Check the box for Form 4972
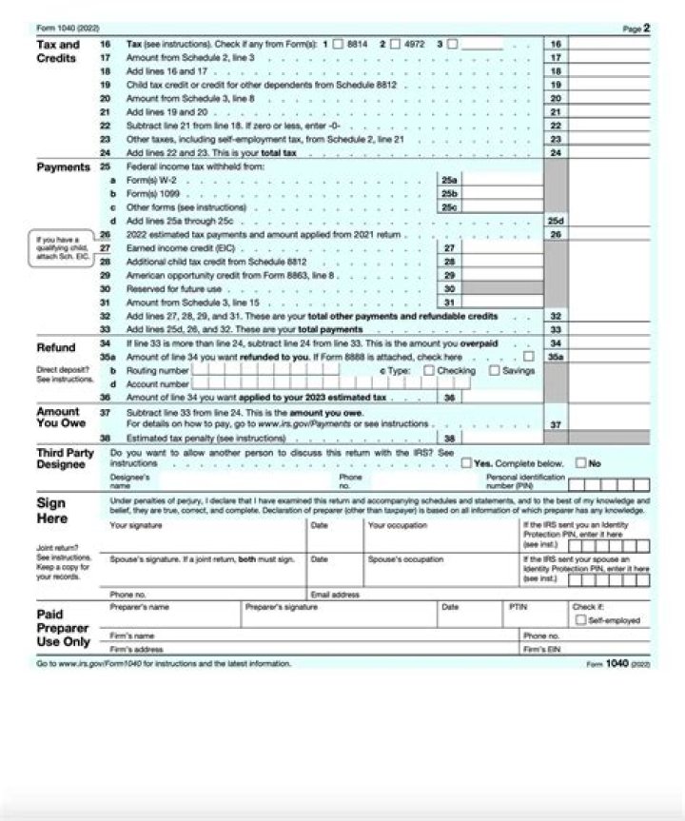click(394, 44)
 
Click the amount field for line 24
click(609, 152)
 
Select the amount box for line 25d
click(609, 220)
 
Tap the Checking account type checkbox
click(428, 370)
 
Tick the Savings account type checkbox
click(494, 370)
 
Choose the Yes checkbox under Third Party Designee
click(466, 463)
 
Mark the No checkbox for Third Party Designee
click(580, 463)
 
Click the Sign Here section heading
click(51, 511)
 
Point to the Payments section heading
click(63, 167)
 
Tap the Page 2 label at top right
click(636, 29)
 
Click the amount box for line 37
click(609, 424)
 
